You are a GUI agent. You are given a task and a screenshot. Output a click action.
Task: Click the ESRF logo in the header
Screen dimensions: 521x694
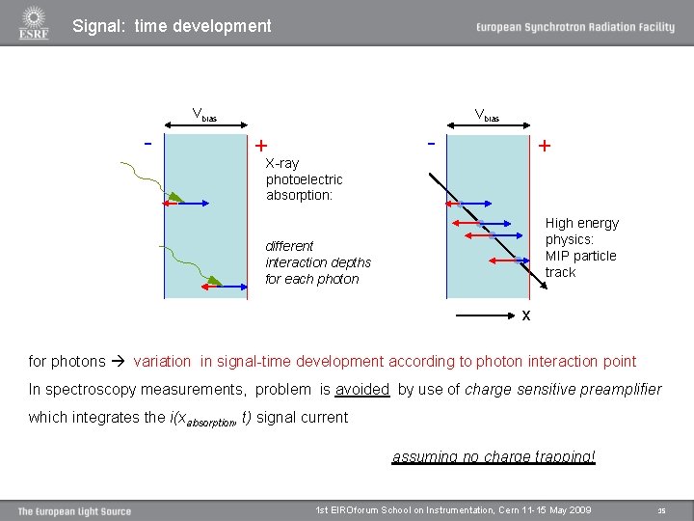point(33,23)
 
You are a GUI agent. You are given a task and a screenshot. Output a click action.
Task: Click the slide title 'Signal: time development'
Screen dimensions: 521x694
point(172,26)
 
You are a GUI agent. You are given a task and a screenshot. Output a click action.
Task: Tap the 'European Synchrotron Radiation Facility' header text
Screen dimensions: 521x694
point(574,27)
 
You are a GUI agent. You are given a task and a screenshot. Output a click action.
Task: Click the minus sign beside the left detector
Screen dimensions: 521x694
point(147,144)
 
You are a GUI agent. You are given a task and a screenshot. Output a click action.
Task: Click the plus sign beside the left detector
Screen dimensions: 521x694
point(260,146)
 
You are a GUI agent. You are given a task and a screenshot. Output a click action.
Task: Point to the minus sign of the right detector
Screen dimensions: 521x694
point(430,144)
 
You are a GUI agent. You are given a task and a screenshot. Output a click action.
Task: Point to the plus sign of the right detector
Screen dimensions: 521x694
point(545,146)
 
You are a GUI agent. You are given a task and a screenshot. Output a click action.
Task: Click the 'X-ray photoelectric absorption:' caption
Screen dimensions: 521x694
point(304,179)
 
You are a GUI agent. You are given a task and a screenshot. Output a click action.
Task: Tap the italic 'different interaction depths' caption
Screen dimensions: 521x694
point(317,262)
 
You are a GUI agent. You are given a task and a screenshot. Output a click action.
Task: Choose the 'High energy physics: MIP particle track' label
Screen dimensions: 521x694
point(581,247)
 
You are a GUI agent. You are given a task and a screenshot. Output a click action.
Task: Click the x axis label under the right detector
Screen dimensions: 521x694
point(525,315)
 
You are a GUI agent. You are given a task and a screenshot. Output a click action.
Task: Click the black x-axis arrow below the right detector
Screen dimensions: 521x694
point(486,315)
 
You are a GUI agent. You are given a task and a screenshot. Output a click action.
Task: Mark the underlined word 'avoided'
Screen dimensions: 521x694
point(361,389)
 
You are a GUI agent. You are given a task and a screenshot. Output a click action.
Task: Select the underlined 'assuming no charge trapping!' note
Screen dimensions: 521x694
point(494,456)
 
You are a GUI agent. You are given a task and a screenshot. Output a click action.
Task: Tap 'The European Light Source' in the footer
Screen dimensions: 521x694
point(74,510)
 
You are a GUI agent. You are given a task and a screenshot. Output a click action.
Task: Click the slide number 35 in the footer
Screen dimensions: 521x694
point(661,510)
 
